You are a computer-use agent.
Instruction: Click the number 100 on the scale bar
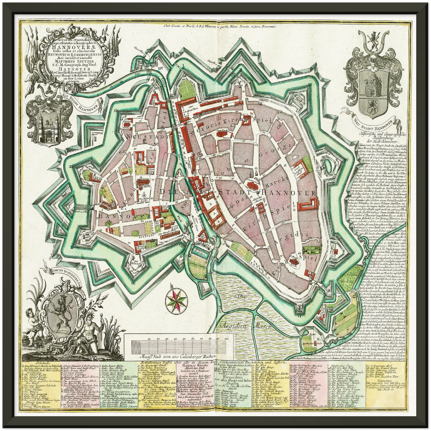(226, 339)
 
